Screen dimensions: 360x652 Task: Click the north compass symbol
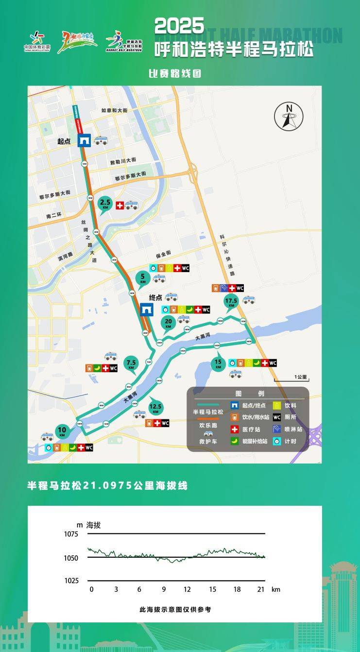(x=289, y=117)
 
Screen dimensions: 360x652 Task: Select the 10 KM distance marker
(x=62, y=431)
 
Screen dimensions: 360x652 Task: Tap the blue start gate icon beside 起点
(x=85, y=140)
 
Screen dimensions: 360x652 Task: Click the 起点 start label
(x=64, y=141)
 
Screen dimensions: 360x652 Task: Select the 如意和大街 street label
(x=114, y=111)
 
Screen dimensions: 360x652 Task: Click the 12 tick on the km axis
(x=188, y=589)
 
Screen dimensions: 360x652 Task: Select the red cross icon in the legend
(x=234, y=429)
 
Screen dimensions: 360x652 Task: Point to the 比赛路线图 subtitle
(x=174, y=74)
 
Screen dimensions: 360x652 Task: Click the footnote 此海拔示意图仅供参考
(x=175, y=609)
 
